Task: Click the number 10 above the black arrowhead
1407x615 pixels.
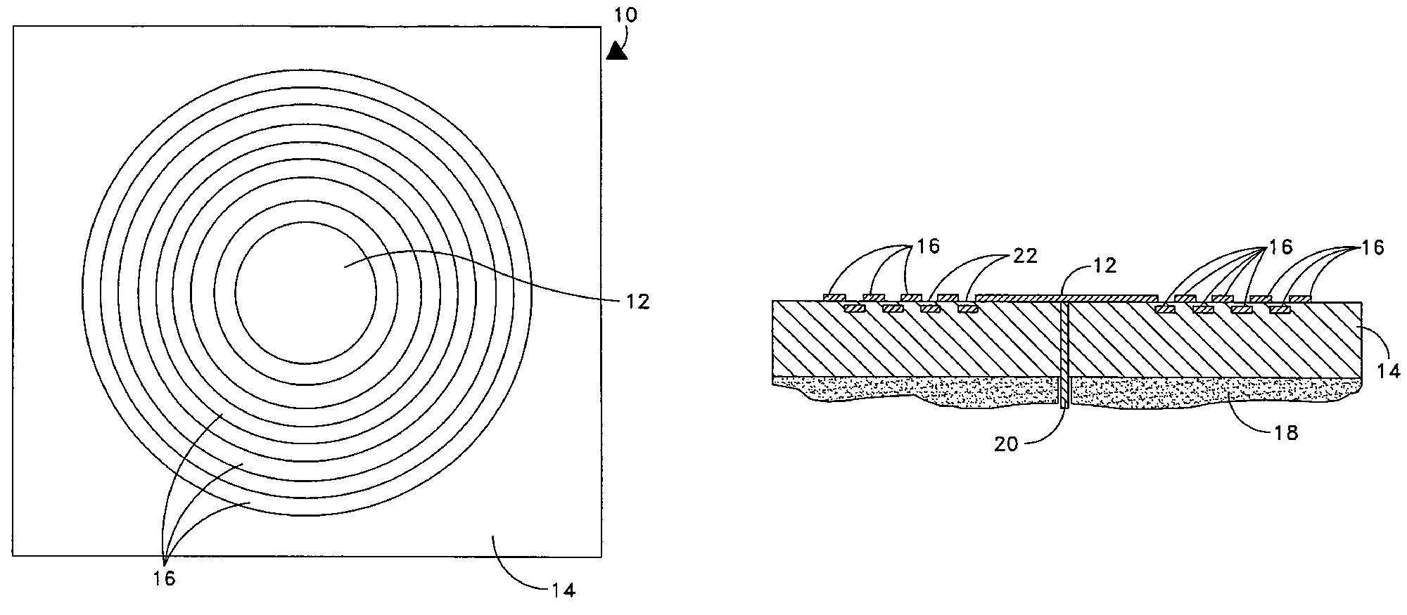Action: pos(625,16)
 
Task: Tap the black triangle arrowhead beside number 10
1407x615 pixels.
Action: pos(617,51)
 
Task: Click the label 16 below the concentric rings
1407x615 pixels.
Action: pos(163,578)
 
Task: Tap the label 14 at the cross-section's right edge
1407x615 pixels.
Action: pos(1388,370)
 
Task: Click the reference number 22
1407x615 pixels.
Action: pos(1024,256)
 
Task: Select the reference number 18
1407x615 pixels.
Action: pos(1286,433)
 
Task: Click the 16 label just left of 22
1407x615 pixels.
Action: pos(927,246)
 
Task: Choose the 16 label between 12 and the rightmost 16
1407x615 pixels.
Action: pos(1280,247)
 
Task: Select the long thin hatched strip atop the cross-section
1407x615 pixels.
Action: pos(1069,298)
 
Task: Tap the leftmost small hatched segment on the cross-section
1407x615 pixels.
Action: pos(834,298)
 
